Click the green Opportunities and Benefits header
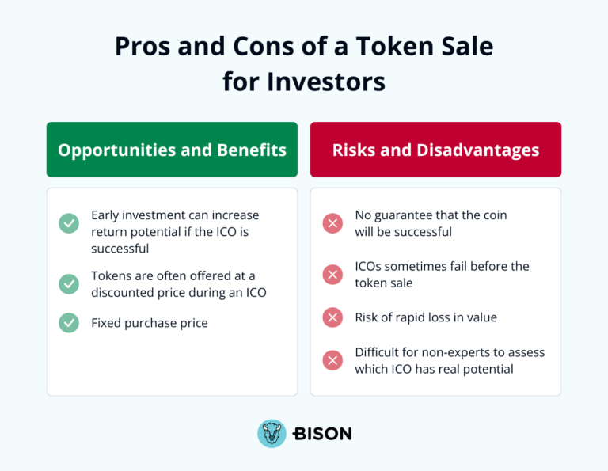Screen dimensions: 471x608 (172, 150)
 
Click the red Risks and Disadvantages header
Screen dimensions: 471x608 (435, 150)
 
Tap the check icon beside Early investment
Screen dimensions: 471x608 (69, 223)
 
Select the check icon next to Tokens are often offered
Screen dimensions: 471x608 (69, 283)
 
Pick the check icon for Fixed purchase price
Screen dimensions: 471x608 (69, 323)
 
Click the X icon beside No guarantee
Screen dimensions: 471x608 (332, 223)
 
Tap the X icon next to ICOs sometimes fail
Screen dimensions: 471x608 (332, 275)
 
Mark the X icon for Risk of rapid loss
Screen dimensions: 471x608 (332, 317)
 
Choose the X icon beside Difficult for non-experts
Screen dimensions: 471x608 (332, 360)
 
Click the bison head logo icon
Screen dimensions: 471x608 (272, 434)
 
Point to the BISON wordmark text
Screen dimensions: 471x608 (322, 434)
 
